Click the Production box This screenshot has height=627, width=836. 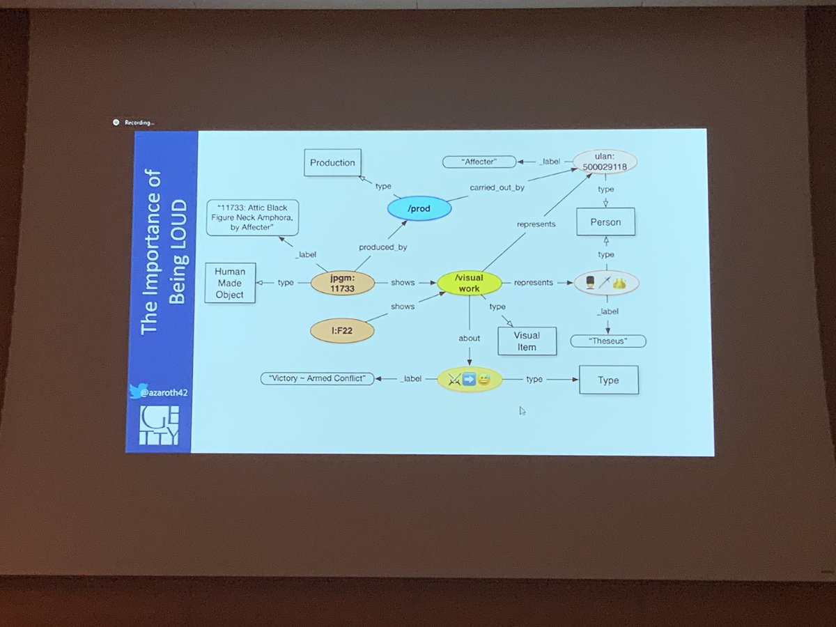pos(332,163)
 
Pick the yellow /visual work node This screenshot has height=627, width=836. pos(469,283)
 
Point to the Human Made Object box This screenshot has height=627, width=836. pos(230,283)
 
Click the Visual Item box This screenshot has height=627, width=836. pos(527,340)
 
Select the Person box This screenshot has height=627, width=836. pos(605,223)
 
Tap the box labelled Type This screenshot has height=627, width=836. pos(608,380)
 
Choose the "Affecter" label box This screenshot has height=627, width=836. pos(479,162)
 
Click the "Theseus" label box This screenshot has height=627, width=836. pos(607,341)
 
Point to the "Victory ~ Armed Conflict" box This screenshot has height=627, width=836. pos(317,379)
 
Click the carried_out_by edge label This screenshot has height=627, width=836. pos(497,188)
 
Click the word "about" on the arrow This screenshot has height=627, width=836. pos(469,339)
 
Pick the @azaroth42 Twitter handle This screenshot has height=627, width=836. pos(162,392)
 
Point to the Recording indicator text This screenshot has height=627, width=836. pos(139,123)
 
